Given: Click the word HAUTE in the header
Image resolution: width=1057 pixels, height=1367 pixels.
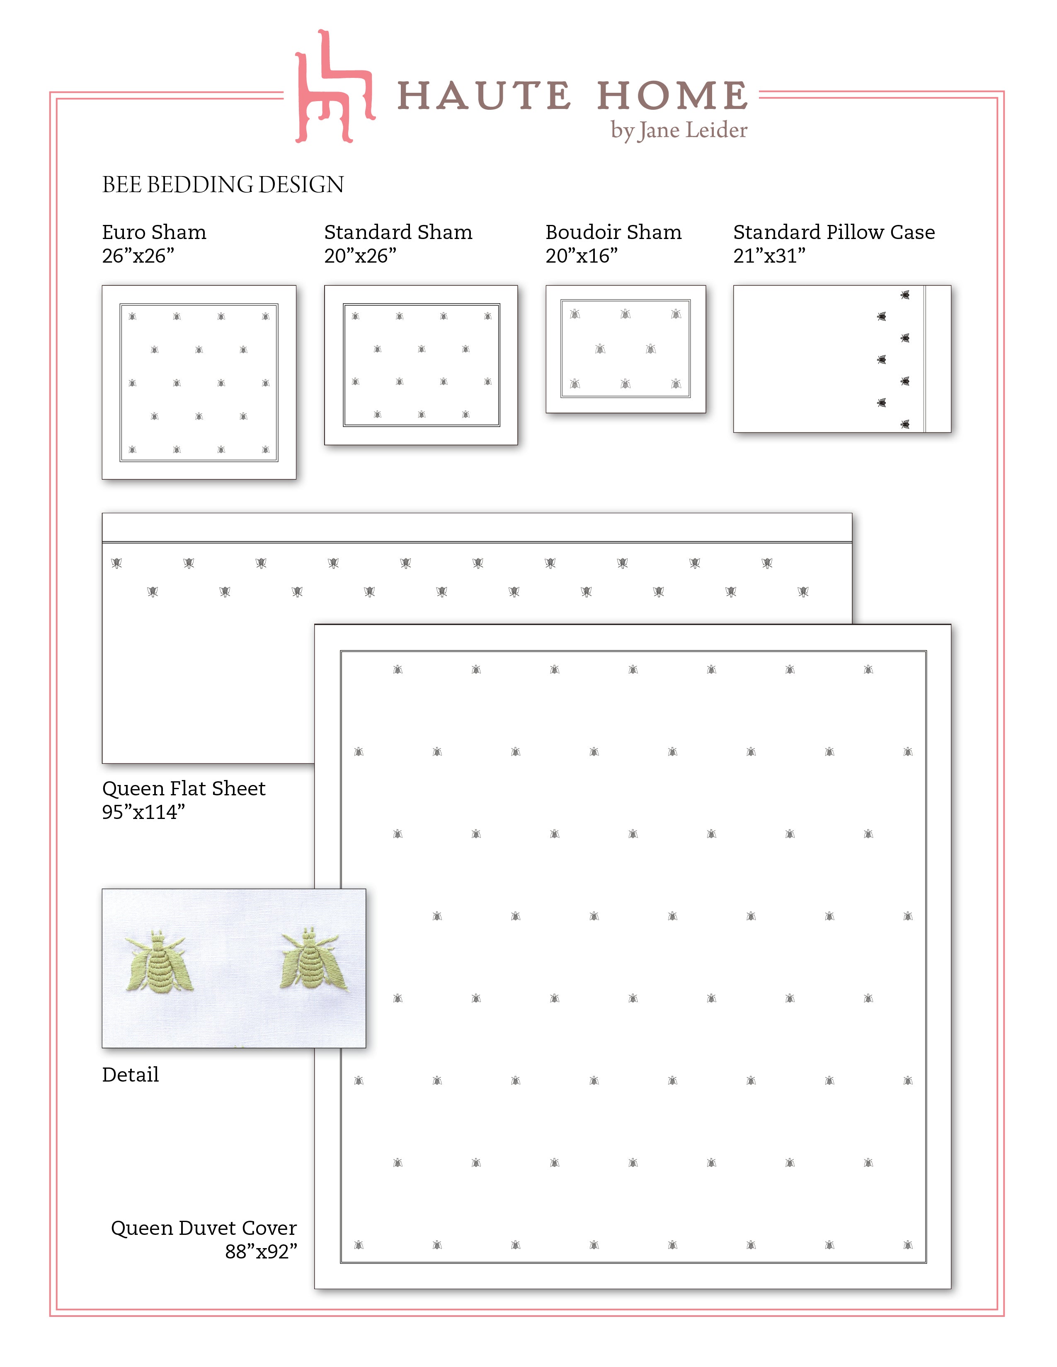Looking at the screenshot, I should (x=483, y=97).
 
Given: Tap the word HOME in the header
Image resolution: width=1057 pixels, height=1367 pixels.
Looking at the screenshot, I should (x=672, y=97).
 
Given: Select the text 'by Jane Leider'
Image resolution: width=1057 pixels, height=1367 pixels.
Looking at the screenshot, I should (x=679, y=130).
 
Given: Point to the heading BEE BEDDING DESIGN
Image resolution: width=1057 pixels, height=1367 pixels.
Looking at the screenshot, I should (x=223, y=185).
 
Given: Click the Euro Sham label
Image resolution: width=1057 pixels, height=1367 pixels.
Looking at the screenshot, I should (x=154, y=232).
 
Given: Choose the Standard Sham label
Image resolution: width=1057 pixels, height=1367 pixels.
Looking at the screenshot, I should (x=398, y=232).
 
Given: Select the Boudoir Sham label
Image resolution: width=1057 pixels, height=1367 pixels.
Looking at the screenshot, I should (x=613, y=232).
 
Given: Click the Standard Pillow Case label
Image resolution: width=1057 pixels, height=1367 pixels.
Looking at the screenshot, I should (x=834, y=232).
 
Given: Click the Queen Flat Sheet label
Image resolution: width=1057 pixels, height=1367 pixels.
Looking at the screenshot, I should (x=184, y=789).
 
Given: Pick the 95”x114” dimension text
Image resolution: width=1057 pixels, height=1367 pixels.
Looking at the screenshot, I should (x=143, y=812).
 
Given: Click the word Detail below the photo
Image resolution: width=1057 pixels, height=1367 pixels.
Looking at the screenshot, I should (x=130, y=1075).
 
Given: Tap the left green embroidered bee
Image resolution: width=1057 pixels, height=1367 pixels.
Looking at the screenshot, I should (x=157, y=961).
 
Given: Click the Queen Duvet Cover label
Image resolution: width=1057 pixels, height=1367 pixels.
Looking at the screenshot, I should (x=204, y=1228).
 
